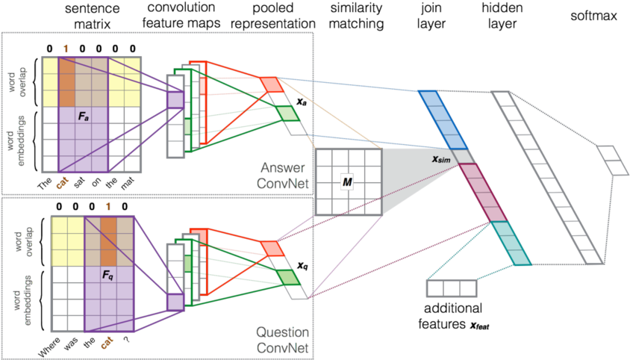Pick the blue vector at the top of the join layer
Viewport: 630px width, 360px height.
coord(443,120)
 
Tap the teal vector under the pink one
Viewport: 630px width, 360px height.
coord(511,243)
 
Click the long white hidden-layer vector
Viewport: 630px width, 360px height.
coord(547,177)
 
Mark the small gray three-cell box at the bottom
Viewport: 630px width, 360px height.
coord(451,288)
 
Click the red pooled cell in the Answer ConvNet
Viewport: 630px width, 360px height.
coord(269,84)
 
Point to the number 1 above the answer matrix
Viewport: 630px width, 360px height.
coord(66,49)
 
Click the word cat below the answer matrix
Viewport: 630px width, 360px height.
coord(65,181)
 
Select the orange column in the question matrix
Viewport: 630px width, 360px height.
coord(108,233)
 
